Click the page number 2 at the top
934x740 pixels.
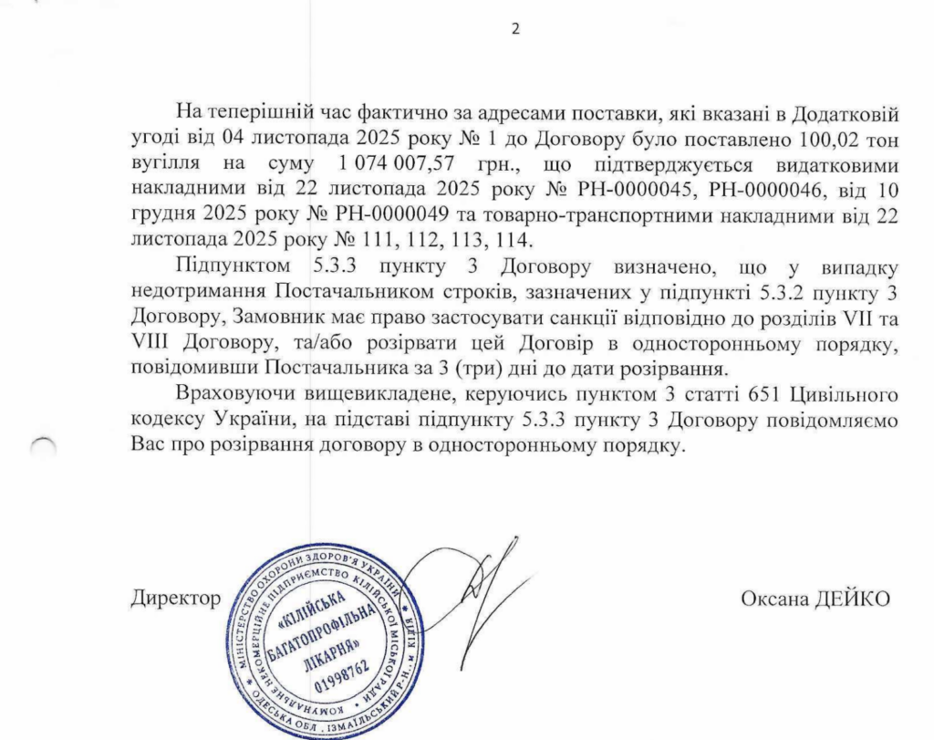(514, 28)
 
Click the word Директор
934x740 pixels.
(175, 599)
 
